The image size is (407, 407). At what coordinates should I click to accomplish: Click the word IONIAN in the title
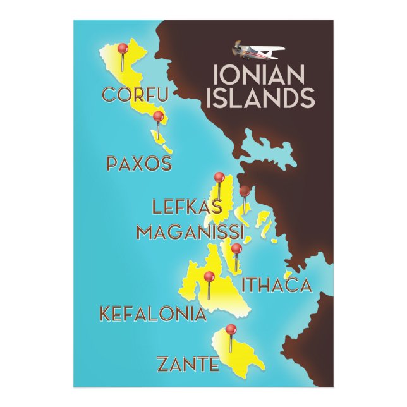coord(260,75)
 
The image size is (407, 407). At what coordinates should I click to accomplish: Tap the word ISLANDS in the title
coord(264,98)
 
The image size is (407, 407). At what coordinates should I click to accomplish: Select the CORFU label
coord(135,95)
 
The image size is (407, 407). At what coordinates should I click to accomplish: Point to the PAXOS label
coord(139,164)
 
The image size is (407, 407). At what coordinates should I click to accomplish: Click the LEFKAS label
coord(187,207)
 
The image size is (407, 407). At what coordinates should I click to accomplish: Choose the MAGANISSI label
coord(190,231)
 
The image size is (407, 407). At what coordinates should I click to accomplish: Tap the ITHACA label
coord(278,285)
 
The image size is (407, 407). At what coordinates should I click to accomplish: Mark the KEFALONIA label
coord(153,313)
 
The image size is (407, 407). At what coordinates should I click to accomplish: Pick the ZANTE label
coord(188,364)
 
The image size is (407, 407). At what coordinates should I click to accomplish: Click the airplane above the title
coord(259,50)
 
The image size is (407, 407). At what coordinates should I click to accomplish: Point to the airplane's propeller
coord(238,48)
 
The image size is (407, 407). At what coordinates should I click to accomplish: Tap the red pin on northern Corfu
coord(123,48)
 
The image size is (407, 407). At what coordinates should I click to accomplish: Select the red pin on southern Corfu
coord(158,116)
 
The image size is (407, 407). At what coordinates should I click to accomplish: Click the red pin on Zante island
coord(231,329)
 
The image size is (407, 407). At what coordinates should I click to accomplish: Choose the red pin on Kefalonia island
coord(209,276)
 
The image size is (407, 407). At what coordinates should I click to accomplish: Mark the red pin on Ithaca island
coord(236,248)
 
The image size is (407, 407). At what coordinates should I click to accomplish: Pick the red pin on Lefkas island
coord(219,178)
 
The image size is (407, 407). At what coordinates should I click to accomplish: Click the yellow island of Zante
coord(240,357)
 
